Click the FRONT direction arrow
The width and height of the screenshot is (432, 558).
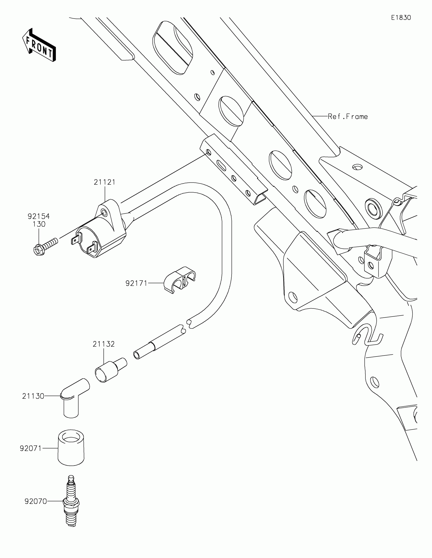tap(39, 45)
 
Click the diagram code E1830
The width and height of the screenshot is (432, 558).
tap(401, 18)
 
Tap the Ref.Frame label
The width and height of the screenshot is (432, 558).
tap(348, 117)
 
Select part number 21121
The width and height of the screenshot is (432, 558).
tap(104, 182)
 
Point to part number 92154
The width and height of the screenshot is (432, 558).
tap(39, 216)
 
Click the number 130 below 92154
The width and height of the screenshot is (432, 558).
tap(39, 224)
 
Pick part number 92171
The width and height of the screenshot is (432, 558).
tap(136, 283)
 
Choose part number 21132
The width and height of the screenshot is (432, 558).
tap(103, 344)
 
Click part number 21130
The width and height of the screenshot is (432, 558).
tap(33, 396)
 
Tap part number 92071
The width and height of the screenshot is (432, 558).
tap(31, 448)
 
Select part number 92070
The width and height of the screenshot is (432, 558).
tap(36, 502)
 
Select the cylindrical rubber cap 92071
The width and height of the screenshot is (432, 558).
tap(71, 448)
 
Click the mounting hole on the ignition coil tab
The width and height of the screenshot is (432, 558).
tap(104, 212)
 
